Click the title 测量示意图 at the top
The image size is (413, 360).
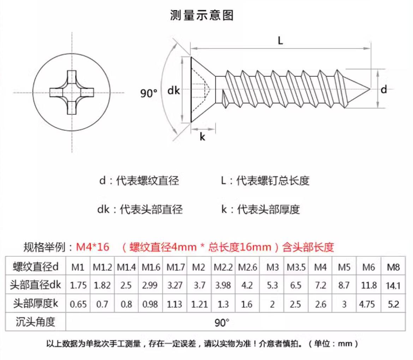coord(202,16)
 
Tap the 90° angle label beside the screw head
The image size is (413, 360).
coord(149,93)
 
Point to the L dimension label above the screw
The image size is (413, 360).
coord(280,41)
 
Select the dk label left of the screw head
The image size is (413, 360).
coord(173,91)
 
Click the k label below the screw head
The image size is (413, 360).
coord(202,137)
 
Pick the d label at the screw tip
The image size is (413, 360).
coord(383,90)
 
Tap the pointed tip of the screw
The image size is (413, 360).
coord(369,89)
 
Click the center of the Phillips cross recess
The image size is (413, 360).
coord(72,92)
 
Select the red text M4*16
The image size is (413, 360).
coord(92,247)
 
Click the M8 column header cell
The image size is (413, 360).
coord(393,267)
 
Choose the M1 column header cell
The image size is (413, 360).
coord(78,267)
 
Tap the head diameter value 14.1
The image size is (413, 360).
coord(393,285)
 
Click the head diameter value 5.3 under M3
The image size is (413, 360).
coord(272,285)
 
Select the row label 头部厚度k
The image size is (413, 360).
coord(35,303)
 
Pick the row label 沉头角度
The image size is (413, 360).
coord(35,322)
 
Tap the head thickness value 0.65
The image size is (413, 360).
coord(78,304)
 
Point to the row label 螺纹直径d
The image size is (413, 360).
coord(35,267)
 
